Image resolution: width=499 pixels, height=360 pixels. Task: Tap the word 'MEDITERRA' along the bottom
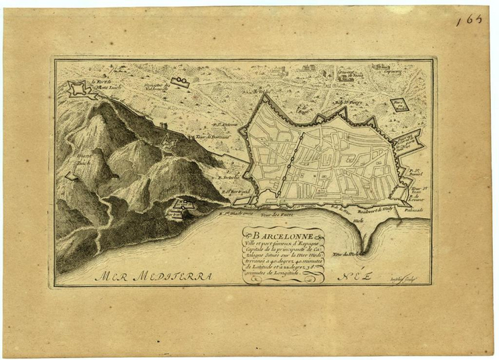click(172, 276)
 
